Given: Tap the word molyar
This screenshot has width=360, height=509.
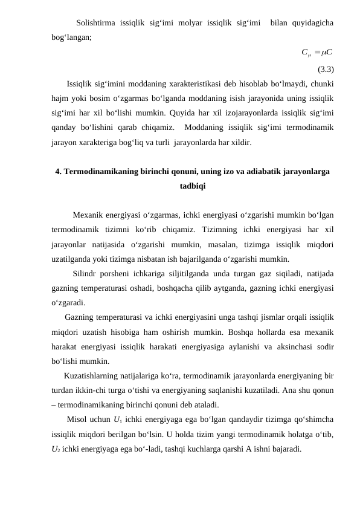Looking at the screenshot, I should pos(175,24).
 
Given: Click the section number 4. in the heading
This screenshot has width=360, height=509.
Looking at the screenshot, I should pos(58,172).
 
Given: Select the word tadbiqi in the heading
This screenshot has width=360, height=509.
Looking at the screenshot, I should pos(192,186).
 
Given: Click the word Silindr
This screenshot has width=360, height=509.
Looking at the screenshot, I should pos(85,274).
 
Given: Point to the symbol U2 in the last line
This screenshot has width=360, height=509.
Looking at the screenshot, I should pos(56,450).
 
